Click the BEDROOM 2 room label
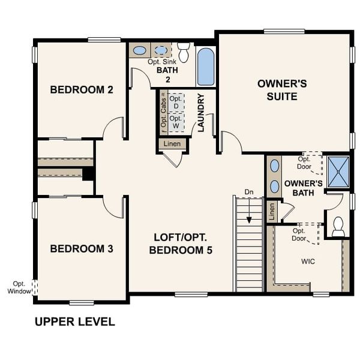[x=82, y=90]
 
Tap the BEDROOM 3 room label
[x=82, y=248]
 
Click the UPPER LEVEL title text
[x=74, y=322]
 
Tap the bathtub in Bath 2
[x=205, y=66]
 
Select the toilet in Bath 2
[x=184, y=52]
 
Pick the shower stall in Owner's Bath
[x=338, y=171]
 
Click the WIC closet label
[x=308, y=262]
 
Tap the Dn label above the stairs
[x=249, y=192]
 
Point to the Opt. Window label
[x=19, y=287]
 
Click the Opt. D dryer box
[x=176, y=103]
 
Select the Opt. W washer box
[x=176, y=122]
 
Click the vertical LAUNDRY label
[x=202, y=112]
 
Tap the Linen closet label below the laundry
[x=173, y=144]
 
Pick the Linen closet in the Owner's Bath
[x=272, y=211]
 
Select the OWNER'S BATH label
[x=303, y=188]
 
